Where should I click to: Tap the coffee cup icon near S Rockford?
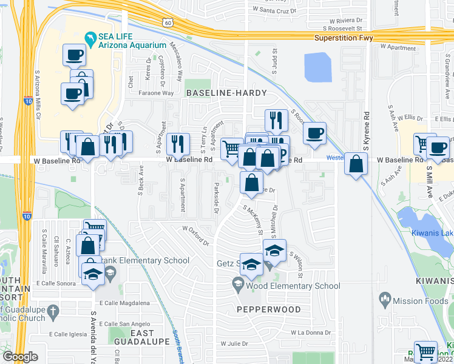point(314,133)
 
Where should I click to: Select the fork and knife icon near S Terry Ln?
point(177,144)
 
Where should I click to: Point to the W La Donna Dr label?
point(310,332)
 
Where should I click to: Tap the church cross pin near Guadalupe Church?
point(53,313)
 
